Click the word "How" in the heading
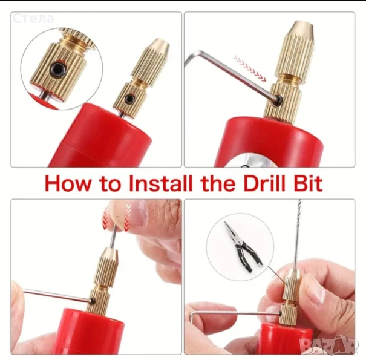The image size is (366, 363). [x=68, y=183]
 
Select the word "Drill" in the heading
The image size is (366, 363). [x=264, y=183]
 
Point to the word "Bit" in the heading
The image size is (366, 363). [x=308, y=183]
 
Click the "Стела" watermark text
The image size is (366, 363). [x=33, y=18]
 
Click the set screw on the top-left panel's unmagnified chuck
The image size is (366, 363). [x=129, y=99]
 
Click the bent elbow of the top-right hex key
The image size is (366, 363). [x=199, y=53]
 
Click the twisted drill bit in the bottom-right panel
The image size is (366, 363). [x=298, y=234]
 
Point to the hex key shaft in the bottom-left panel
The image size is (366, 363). [x=58, y=296]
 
